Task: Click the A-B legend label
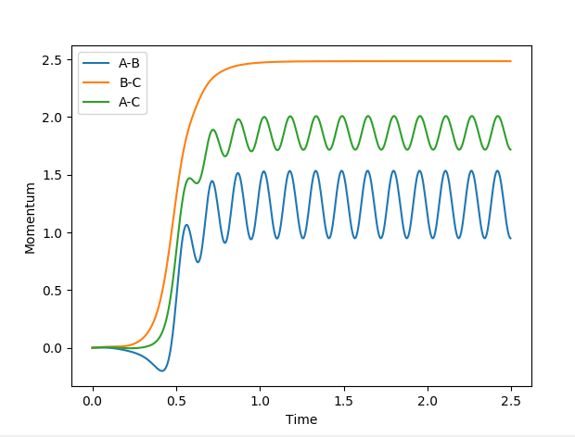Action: [130, 64]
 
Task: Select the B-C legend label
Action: [130, 83]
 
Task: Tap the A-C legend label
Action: [130, 102]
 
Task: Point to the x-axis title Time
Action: [301, 419]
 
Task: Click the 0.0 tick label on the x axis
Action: [92, 402]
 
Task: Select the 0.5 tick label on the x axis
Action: [175, 402]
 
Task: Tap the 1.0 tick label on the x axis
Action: [260, 402]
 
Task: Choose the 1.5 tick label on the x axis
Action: [343, 402]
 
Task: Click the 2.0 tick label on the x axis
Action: [428, 402]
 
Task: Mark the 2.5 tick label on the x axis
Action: [511, 402]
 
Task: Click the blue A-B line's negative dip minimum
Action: [161, 370]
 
